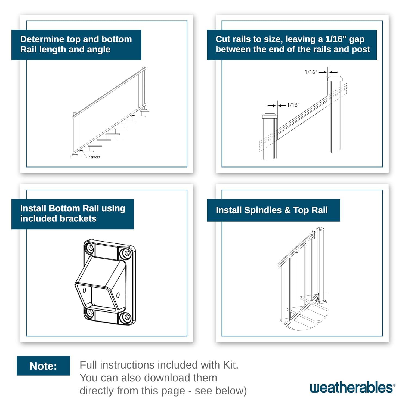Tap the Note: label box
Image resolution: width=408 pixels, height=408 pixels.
tap(43, 366)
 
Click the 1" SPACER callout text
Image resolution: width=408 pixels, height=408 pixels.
tap(94, 157)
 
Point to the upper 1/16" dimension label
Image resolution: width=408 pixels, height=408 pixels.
tap(311, 72)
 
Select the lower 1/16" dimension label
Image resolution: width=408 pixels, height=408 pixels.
tap(293, 105)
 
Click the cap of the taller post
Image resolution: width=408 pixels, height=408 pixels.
tap(335, 79)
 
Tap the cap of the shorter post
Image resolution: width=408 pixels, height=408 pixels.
tap(270, 116)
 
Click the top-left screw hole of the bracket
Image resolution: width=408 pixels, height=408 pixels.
tap(89, 248)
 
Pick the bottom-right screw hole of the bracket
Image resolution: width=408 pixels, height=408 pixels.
tap(126, 317)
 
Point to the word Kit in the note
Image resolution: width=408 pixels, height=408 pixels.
tap(230, 365)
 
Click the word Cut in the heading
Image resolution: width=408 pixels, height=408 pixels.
tap(222, 39)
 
